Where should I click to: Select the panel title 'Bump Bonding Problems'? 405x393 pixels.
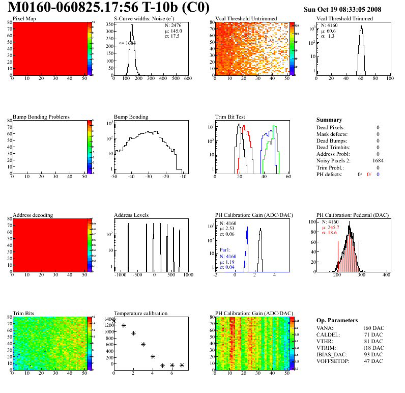41,117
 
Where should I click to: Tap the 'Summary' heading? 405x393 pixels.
329,120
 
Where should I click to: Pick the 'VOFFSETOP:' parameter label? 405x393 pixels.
333,361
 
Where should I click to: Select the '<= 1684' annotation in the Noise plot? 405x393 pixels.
127,43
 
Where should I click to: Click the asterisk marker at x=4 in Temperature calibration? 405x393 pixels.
153,356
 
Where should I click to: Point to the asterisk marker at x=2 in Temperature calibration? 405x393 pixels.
133,333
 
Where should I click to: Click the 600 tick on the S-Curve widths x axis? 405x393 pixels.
187,79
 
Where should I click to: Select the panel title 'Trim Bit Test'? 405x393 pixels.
230,117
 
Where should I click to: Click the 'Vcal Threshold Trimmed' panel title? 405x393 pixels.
344,19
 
